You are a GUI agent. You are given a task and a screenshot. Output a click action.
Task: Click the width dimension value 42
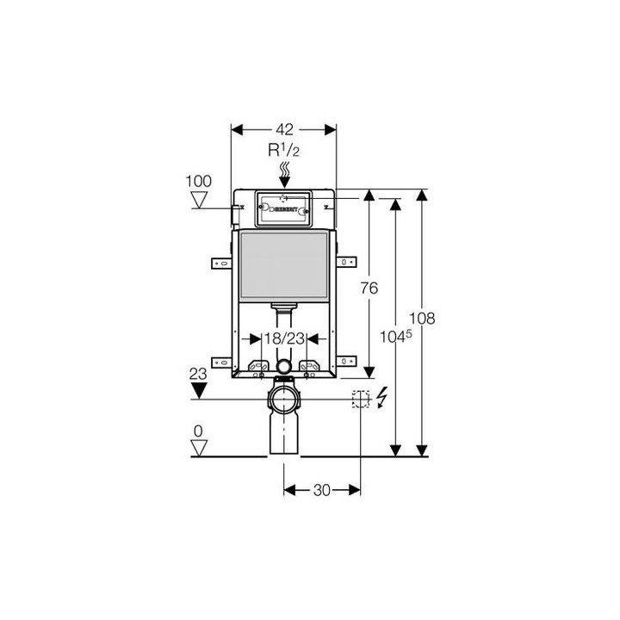[284, 129]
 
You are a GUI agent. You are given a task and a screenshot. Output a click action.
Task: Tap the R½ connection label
[284, 150]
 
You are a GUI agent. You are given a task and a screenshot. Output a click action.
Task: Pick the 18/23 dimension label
[283, 339]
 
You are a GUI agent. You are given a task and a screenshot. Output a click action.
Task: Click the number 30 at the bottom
[322, 490]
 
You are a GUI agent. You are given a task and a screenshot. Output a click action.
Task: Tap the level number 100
[198, 182]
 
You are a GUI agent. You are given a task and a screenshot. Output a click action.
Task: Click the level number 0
[199, 431]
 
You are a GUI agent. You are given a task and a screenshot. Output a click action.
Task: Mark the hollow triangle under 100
[200, 201]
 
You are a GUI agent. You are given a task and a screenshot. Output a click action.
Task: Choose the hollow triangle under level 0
[200, 448]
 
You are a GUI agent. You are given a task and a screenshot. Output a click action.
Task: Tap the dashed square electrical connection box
[361, 399]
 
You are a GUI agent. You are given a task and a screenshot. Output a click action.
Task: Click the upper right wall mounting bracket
[346, 260]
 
